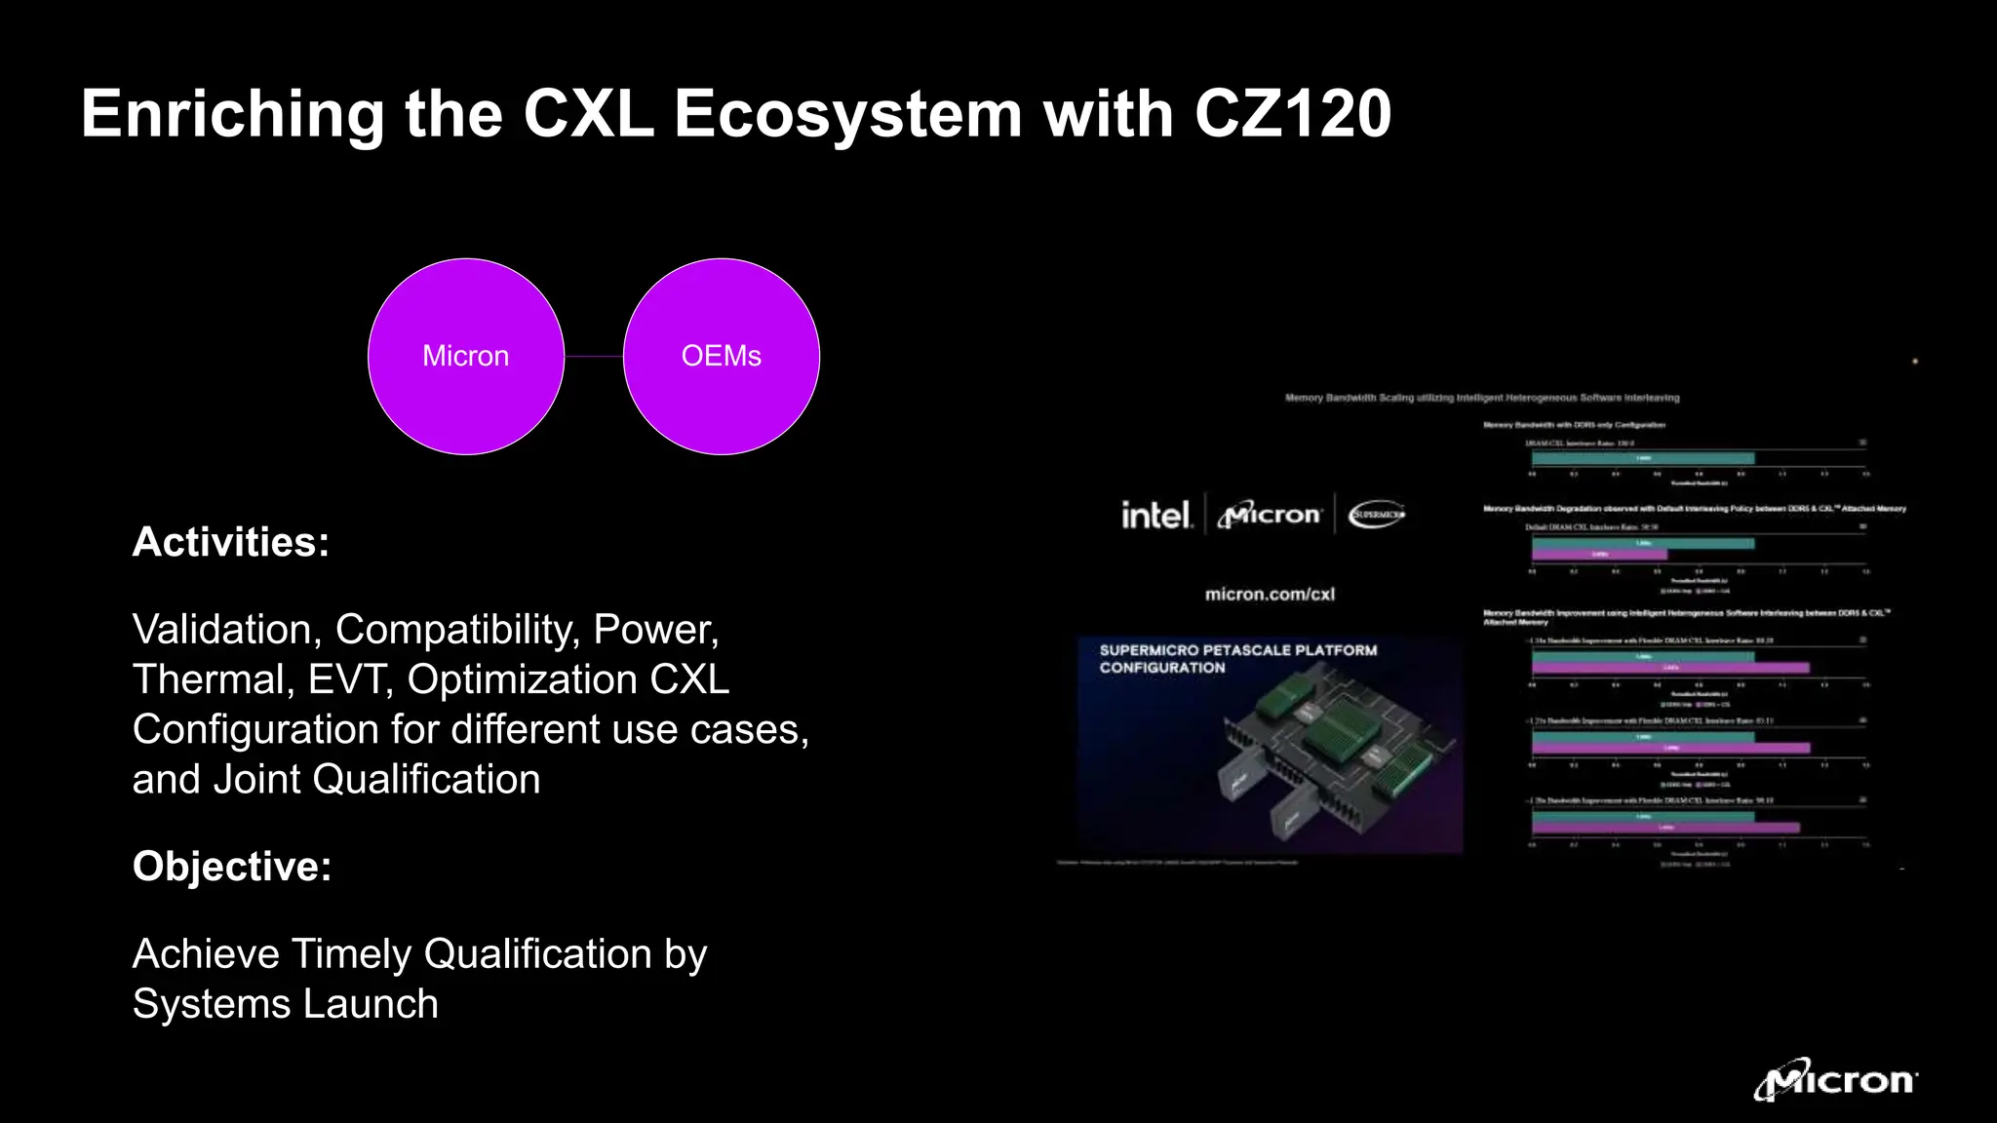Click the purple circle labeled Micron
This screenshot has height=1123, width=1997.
tap(466, 357)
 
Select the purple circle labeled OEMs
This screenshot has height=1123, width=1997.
tap(722, 357)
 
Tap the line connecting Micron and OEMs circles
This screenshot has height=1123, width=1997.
tap(594, 357)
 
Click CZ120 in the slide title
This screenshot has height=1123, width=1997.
tap(1293, 114)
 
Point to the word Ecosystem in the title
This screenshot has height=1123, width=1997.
tap(848, 114)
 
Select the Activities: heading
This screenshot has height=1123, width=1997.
tap(231, 542)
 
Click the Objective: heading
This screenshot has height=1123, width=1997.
tap(232, 867)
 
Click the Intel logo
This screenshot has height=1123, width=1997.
tap(1155, 515)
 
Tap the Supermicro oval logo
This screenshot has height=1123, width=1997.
tap(1377, 514)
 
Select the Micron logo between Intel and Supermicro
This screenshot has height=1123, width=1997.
tap(1270, 515)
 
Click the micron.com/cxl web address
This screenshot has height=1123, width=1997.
tap(1270, 594)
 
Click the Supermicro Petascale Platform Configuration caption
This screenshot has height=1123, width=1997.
tap(1238, 659)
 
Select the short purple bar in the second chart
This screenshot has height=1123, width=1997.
tap(1599, 555)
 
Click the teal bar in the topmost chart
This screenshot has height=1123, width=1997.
tap(1643, 458)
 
